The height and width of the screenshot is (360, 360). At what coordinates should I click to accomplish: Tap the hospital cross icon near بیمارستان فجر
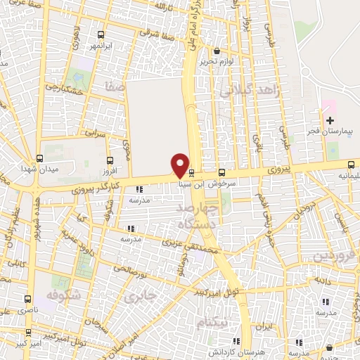(330, 121)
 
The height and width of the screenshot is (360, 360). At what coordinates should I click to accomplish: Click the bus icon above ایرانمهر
(102, 34)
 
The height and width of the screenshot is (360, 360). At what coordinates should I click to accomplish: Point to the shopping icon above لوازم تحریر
(217, 51)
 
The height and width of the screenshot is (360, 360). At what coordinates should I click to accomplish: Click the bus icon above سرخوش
(222, 172)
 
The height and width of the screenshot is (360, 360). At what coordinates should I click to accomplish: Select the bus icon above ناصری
(29, 298)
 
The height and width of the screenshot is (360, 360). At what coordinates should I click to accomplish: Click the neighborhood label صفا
(115, 88)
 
